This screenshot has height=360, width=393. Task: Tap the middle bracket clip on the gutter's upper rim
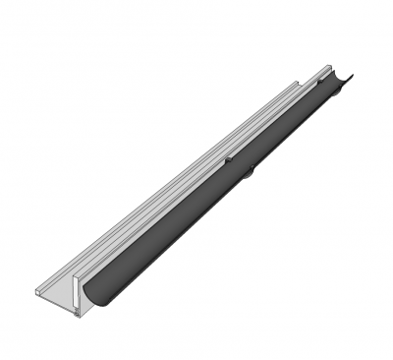tap(227, 157)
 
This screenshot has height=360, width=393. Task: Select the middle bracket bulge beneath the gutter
tap(250, 173)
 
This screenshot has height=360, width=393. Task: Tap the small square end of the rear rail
tap(38, 292)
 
